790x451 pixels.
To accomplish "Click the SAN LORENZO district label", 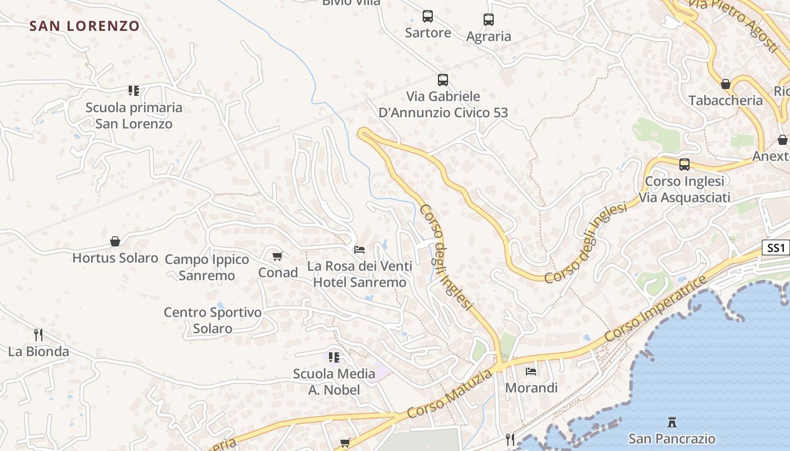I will pyautogui.click(x=84, y=26).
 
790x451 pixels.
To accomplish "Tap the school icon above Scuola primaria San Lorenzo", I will pyautogui.click(x=133, y=90).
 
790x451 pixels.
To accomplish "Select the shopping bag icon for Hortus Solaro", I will pyautogui.click(x=115, y=241).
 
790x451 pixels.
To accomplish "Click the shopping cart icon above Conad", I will pyautogui.click(x=277, y=257).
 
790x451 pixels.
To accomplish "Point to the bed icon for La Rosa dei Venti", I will pyautogui.click(x=359, y=249).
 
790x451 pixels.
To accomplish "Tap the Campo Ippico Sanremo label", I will pyautogui.click(x=207, y=267).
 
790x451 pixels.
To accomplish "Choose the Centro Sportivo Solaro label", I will pyautogui.click(x=213, y=320).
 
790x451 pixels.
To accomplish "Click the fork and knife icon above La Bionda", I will pyautogui.click(x=38, y=335).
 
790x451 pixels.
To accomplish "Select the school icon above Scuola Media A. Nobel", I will pyautogui.click(x=334, y=357).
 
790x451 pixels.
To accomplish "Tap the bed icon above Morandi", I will pyautogui.click(x=531, y=371).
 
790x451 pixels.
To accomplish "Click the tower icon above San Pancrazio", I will pyautogui.click(x=671, y=422).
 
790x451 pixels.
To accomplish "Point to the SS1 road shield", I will pyautogui.click(x=776, y=247).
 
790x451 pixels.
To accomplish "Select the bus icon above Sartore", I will pyautogui.click(x=428, y=16).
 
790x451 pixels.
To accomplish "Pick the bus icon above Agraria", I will pyautogui.click(x=489, y=20).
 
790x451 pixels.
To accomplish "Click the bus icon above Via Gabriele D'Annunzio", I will pyautogui.click(x=443, y=80).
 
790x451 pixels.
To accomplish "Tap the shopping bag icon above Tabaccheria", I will pyautogui.click(x=726, y=85).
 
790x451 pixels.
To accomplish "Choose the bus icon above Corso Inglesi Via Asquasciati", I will pyautogui.click(x=684, y=165).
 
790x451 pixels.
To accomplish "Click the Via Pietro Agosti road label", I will pyautogui.click(x=734, y=19).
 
